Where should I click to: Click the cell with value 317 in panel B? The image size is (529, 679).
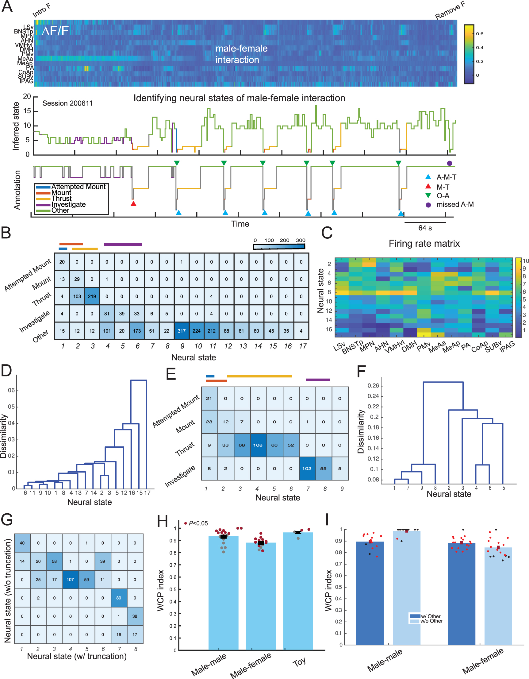pyautogui.click(x=182, y=331)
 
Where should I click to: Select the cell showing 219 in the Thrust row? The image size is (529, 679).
pyautogui.click(x=92, y=296)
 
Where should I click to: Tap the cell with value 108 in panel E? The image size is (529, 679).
pyautogui.click(x=258, y=445)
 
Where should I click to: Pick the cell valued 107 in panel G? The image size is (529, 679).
pyautogui.click(x=70, y=580)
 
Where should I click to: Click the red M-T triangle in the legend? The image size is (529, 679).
pyautogui.click(x=428, y=187)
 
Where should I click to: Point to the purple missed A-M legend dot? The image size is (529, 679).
pyautogui.click(x=428, y=205)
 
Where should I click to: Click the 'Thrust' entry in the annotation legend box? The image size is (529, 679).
pyautogui.click(x=62, y=198)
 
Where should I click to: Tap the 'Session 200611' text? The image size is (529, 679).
pyautogui.click(x=67, y=103)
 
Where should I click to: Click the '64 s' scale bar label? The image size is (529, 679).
pyautogui.click(x=425, y=228)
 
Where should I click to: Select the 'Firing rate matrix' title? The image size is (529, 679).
pyautogui.click(x=424, y=243)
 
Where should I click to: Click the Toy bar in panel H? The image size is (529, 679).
pyautogui.click(x=298, y=591)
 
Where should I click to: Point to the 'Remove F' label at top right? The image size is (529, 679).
pyautogui.click(x=450, y=10)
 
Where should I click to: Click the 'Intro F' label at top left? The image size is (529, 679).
pyautogui.click(x=41, y=10)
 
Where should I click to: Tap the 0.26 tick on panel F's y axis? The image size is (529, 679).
pyautogui.click(x=373, y=386)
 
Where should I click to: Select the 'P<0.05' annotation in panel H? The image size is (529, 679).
pyautogui.click(x=198, y=523)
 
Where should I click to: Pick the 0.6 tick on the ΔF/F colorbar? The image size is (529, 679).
pyautogui.click(x=480, y=34)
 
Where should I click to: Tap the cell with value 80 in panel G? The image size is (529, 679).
pyautogui.click(x=119, y=598)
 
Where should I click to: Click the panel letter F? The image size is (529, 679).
pyautogui.click(x=361, y=371)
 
